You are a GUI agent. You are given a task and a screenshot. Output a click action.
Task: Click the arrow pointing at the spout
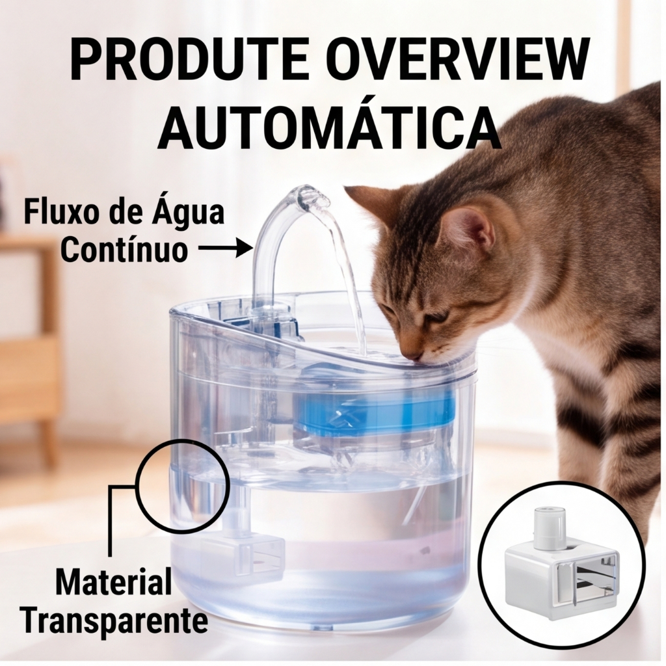coord(226,248)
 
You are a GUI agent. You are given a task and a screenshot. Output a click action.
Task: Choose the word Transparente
coord(116,621)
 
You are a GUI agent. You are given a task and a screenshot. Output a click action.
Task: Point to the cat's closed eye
coord(438,317)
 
